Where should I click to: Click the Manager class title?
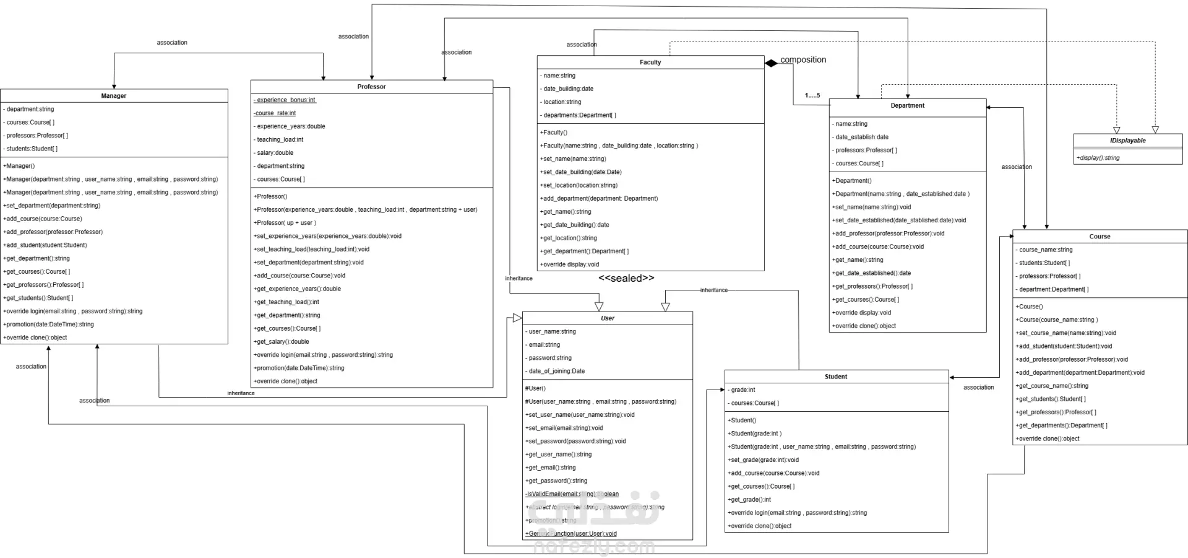(x=114, y=96)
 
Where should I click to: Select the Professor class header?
(x=371, y=87)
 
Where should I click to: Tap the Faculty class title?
(x=650, y=63)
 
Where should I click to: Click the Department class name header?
(x=907, y=106)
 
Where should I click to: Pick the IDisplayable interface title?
(x=1127, y=141)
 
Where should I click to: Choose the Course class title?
(x=1100, y=237)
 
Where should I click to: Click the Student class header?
(x=836, y=377)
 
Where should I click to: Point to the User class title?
(x=608, y=318)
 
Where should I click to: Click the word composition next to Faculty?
(x=803, y=60)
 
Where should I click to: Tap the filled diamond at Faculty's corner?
(x=771, y=63)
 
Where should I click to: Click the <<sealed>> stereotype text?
(x=626, y=279)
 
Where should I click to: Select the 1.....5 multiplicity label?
(x=812, y=96)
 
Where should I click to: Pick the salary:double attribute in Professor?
(x=275, y=153)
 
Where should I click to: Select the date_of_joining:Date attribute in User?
(x=556, y=372)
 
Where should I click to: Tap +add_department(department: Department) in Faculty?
(x=599, y=199)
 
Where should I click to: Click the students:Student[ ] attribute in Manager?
(x=32, y=149)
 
